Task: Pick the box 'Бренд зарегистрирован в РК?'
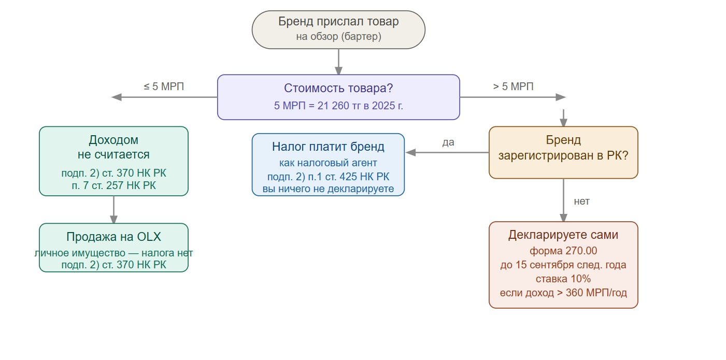point(563,152)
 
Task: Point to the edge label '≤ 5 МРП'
point(164,87)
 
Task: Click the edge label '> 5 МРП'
point(513,87)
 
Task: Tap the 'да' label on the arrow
point(448,142)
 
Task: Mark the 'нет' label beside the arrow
point(581,201)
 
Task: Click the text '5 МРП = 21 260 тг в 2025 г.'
point(338,106)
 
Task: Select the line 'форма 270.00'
point(563,251)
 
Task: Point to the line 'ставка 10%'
point(563,279)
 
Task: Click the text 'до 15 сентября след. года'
point(563,265)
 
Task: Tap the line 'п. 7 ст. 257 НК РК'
point(113,185)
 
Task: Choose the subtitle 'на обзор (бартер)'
point(338,36)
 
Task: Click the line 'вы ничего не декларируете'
point(328,189)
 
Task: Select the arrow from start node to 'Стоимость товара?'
point(338,62)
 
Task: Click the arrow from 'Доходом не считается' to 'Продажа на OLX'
point(113,209)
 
